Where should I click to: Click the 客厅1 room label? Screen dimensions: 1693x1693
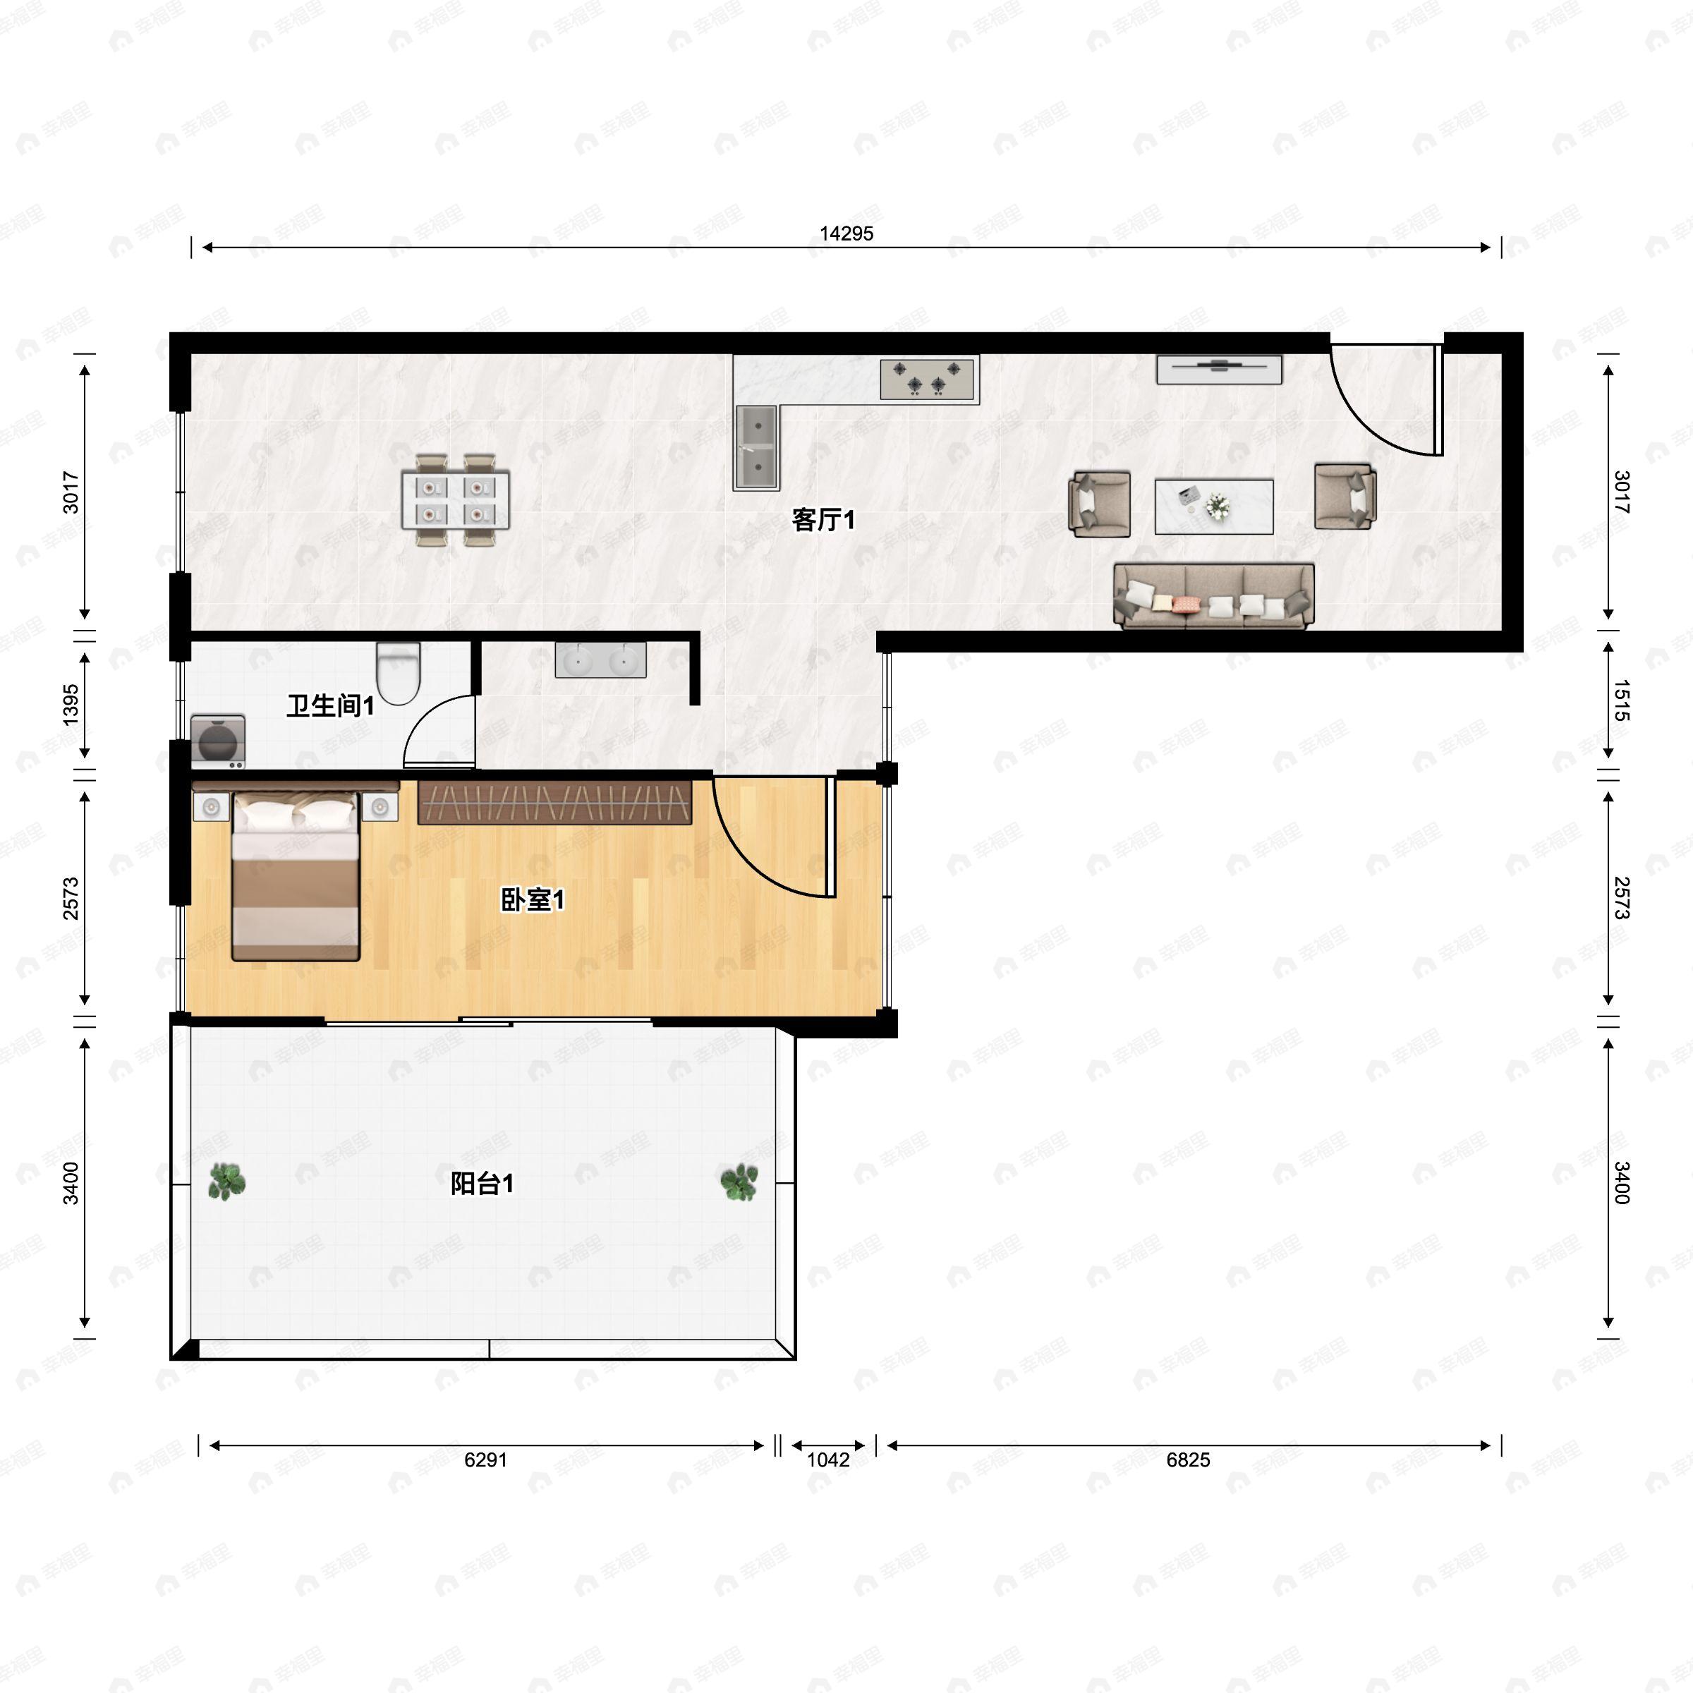coord(822,520)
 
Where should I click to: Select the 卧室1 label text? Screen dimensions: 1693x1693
coord(532,899)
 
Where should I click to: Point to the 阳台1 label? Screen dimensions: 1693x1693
coord(481,1184)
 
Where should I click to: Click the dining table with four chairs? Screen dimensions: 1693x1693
coord(456,500)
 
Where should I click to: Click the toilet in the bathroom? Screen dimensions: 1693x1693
coord(399,673)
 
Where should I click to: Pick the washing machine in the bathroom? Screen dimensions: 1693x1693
coord(218,741)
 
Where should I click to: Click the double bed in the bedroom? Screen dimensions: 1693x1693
coord(296,875)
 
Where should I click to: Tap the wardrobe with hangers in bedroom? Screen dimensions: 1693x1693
coord(554,802)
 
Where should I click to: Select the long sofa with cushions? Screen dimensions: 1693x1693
coord(1213,596)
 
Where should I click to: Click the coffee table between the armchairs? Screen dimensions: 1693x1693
coord(1213,506)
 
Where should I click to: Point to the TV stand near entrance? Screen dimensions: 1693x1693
coord(1219,368)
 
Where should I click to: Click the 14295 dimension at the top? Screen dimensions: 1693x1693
coord(846,233)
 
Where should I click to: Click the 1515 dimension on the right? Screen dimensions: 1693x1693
coord(1620,700)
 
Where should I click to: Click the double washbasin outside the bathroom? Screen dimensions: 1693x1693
coord(600,659)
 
